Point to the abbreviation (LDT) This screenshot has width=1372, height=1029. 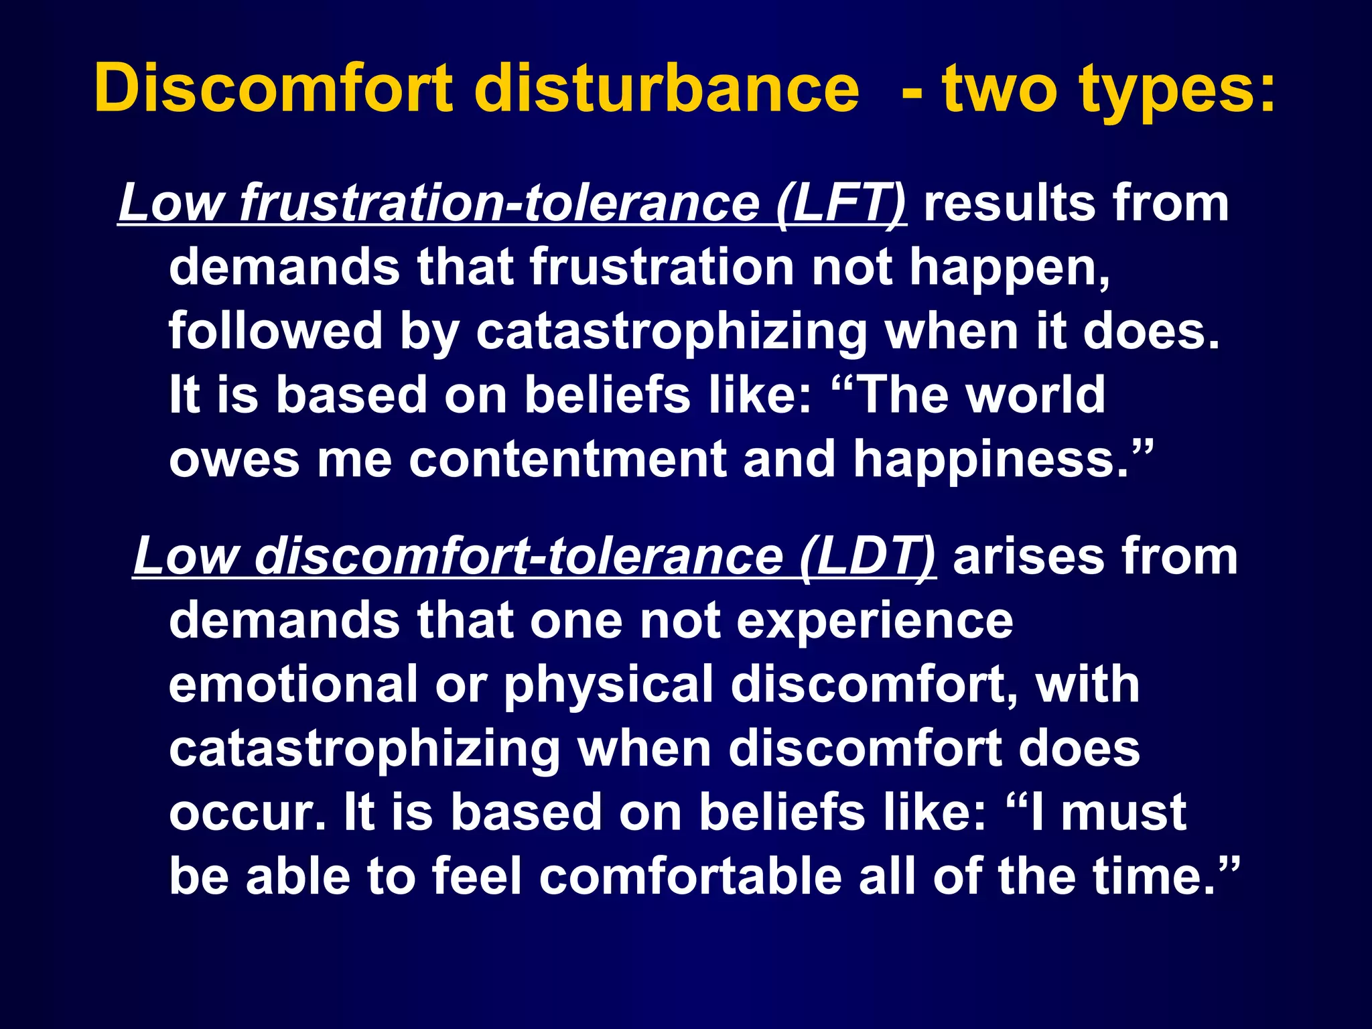(868, 557)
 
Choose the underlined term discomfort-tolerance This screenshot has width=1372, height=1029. (519, 557)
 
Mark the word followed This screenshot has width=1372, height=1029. (275, 330)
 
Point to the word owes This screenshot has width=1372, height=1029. (234, 460)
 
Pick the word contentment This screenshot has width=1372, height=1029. (567, 460)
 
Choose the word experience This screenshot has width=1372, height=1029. (875, 621)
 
